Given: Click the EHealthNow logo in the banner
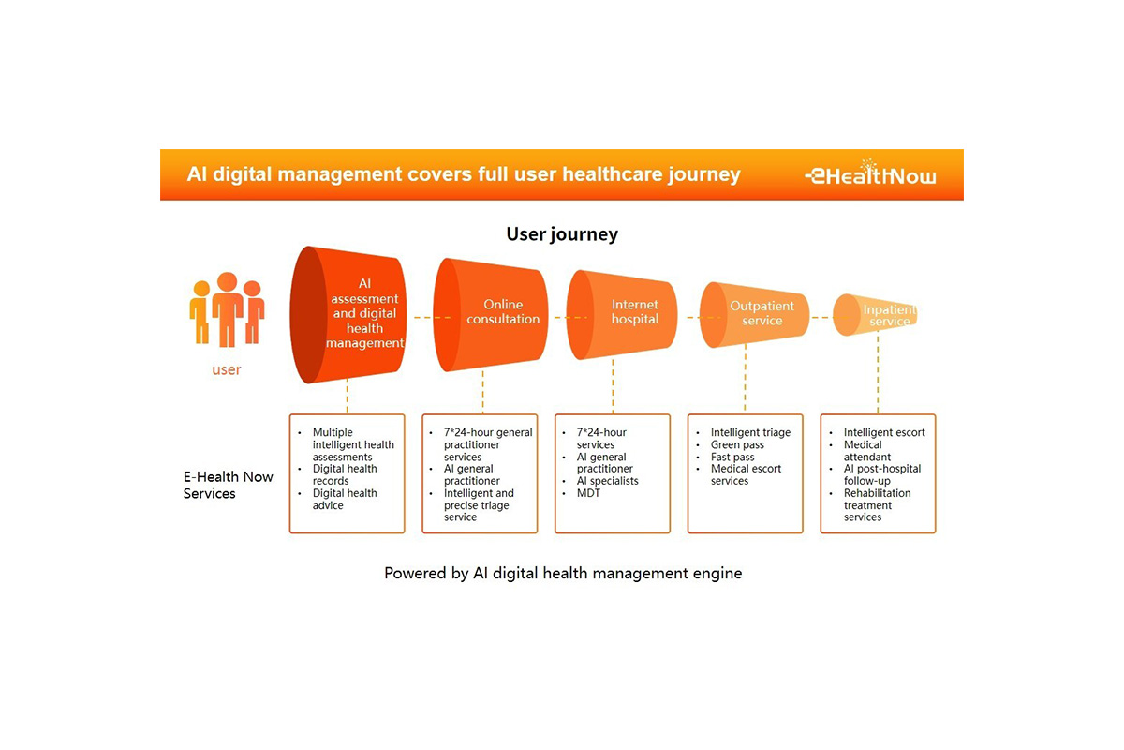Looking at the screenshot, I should pyautogui.click(x=870, y=174).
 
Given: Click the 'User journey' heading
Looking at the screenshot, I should pyautogui.click(x=562, y=233).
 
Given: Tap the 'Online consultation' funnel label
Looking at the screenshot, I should pyautogui.click(x=504, y=311).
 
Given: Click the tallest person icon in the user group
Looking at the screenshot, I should pyautogui.click(x=228, y=308).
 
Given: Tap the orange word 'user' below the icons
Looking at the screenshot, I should pyautogui.click(x=227, y=369).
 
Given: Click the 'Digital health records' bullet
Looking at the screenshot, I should pyautogui.click(x=344, y=474).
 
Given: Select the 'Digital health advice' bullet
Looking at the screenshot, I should pyautogui.click(x=344, y=499).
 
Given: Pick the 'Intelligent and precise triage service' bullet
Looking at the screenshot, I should pyautogui.click(x=479, y=504).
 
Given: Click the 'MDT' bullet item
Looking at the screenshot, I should pyautogui.click(x=588, y=493).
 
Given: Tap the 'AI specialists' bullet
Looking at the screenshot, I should pyautogui.click(x=607, y=481).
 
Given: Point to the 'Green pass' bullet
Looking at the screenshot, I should pyautogui.click(x=738, y=444).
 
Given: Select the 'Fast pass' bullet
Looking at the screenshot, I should pyautogui.click(x=732, y=457).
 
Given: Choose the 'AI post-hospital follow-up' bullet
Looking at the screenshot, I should pyautogui.click(x=881, y=474).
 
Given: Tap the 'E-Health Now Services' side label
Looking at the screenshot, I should pyautogui.click(x=229, y=485).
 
